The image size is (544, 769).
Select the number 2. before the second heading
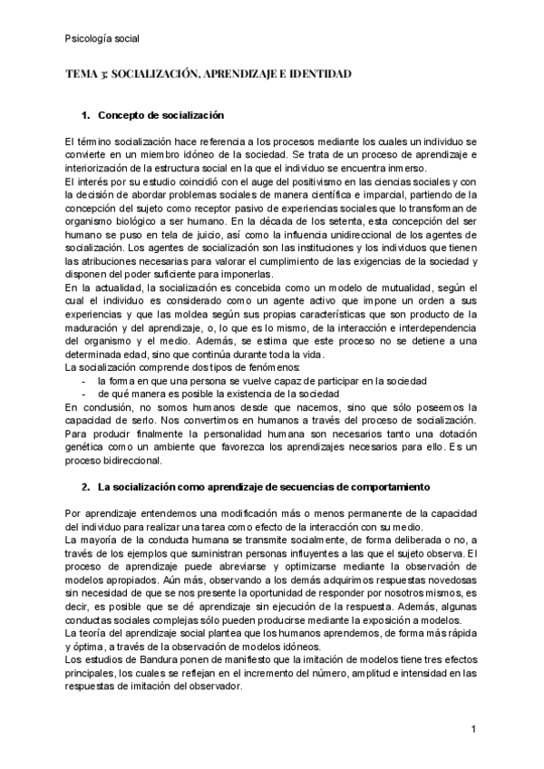[x=86, y=487]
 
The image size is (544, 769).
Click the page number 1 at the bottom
[x=474, y=729]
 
